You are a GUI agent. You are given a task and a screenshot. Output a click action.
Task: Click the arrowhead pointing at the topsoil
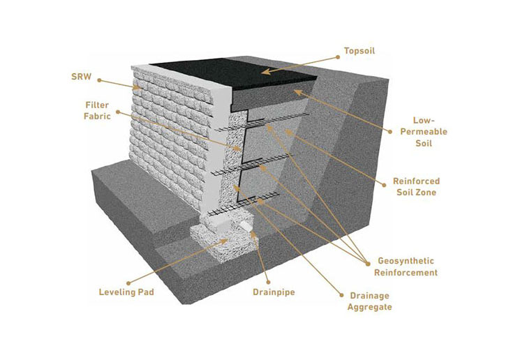265,70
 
